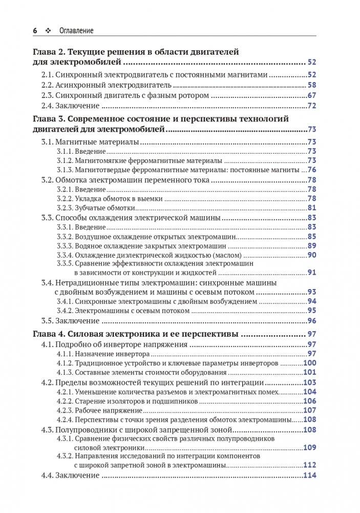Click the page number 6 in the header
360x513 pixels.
(x=34, y=31)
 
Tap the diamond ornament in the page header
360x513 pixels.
(x=48, y=31)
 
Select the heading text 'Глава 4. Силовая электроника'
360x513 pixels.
(x=99, y=334)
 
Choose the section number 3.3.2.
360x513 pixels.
(x=65, y=236)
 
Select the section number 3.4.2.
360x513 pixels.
(x=65, y=311)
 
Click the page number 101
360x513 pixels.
(x=310, y=373)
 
